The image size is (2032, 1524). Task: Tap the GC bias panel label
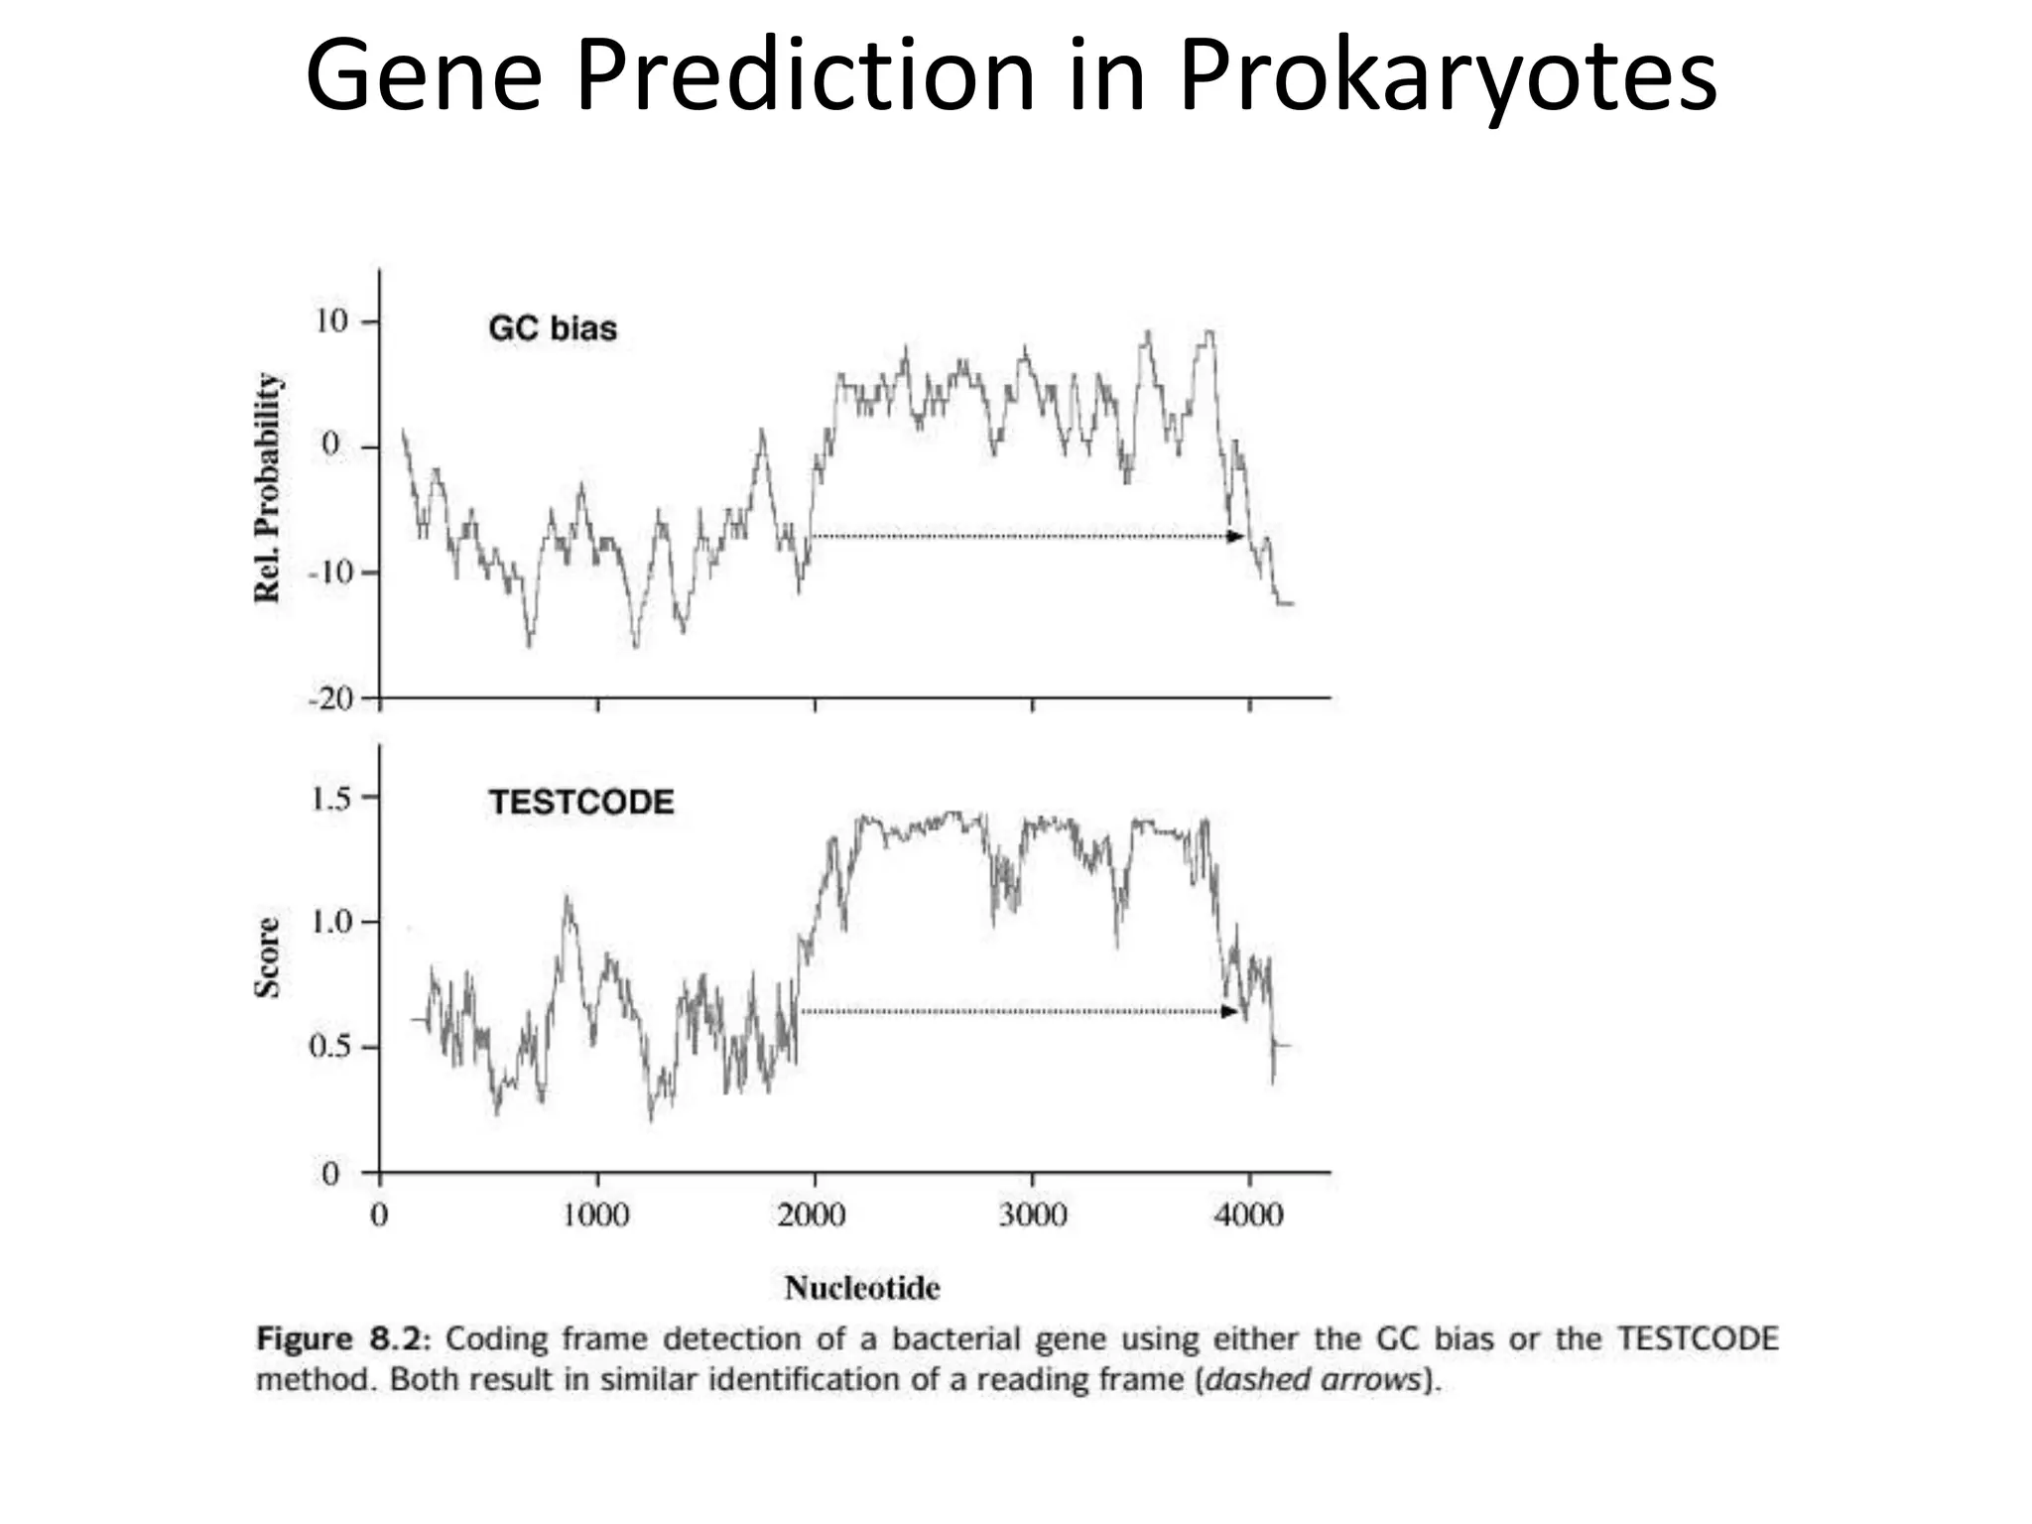[553, 328]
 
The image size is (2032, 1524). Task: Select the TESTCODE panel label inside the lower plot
[580, 802]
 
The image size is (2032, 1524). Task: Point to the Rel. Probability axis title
[268, 487]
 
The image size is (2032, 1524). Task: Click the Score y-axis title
[268, 956]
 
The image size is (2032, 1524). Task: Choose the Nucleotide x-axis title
[861, 1288]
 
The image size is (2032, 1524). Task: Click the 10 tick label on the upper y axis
[331, 321]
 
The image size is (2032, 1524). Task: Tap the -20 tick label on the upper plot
[329, 698]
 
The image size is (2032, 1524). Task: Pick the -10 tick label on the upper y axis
[329, 572]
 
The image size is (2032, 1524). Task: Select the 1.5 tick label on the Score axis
[330, 798]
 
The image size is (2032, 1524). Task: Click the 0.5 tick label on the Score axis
[330, 1048]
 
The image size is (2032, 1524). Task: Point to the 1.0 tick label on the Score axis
[330, 922]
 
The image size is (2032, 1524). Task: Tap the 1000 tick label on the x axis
[596, 1214]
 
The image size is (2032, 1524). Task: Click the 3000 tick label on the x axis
[1032, 1214]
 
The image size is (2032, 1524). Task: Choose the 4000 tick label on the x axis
[1249, 1214]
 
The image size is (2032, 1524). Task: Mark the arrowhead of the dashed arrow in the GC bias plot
[1235, 537]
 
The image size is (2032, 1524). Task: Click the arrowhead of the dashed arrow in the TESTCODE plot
[1229, 1012]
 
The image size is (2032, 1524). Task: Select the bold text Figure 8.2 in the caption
[342, 1338]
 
